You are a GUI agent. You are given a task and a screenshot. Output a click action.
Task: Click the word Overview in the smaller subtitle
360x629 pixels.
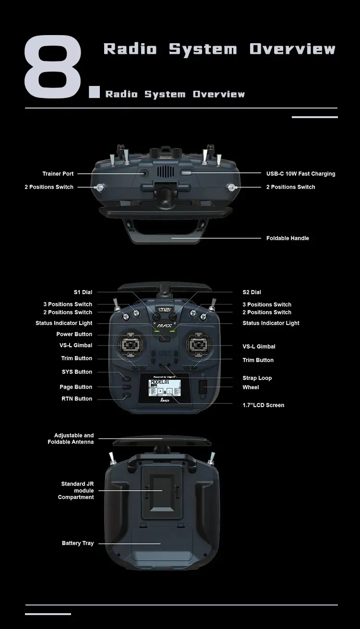coord(219,94)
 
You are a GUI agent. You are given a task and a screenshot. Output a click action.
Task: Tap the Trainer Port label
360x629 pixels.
coord(58,174)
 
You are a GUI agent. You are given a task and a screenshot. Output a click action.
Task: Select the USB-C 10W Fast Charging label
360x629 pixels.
coord(300,174)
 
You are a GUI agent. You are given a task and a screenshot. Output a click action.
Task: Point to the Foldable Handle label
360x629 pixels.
coord(288,238)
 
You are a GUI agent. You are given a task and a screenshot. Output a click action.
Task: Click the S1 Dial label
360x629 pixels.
coord(83,292)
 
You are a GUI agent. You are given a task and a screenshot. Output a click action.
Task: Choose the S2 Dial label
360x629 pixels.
coord(252,292)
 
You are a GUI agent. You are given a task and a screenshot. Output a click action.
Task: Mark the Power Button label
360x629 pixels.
coord(74,334)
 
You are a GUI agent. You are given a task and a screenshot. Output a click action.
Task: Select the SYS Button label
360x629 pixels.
coord(77,372)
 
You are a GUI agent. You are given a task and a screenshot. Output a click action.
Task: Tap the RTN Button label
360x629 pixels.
coord(77,399)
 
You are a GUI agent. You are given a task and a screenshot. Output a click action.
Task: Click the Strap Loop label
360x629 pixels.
coord(257,378)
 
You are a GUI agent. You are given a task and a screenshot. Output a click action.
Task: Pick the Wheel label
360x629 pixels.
coord(251,387)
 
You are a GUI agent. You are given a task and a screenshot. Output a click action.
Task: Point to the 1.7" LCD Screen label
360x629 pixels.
coord(263,405)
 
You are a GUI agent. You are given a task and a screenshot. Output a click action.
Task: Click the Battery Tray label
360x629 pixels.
coord(78,543)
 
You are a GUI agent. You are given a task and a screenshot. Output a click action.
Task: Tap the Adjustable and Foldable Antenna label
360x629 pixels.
coord(71,438)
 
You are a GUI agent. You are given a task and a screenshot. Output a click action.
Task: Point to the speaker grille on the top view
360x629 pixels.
coord(165,173)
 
